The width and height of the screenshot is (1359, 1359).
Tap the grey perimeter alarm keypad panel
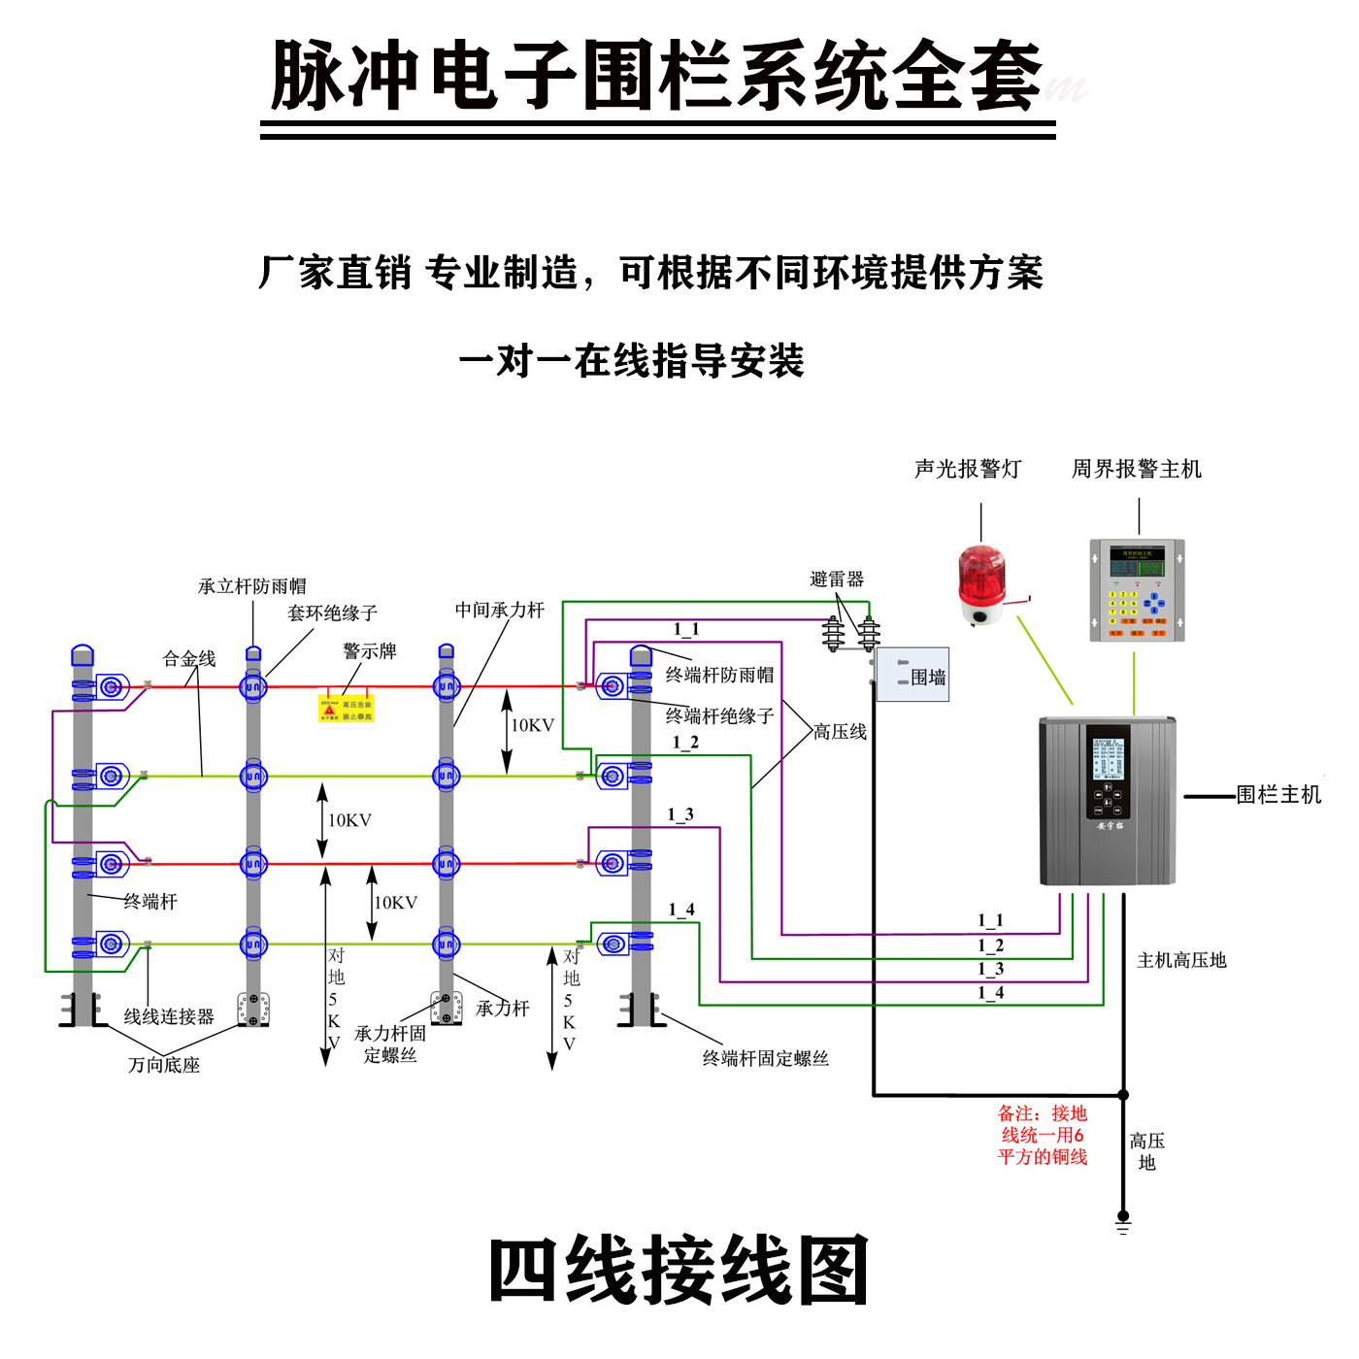click(x=1137, y=590)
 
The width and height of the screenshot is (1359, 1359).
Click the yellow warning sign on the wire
click(x=347, y=709)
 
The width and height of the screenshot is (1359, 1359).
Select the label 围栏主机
click(x=1278, y=795)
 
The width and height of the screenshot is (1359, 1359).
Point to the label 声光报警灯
click(x=968, y=470)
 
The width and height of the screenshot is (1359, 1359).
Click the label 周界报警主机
click(x=1136, y=470)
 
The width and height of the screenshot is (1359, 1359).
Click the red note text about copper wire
click(x=1043, y=1135)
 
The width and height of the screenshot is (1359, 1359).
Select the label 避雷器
click(x=837, y=580)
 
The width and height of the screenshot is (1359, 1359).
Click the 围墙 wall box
click(x=912, y=676)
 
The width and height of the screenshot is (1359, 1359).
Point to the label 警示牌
click(x=370, y=651)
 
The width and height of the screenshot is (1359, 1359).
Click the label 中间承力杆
click(x=500, y=610)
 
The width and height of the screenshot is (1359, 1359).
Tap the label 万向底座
click(x=164, y=1065)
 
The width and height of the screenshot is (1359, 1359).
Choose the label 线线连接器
click(x=169, y=1016)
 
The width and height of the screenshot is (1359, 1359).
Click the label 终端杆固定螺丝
click(x=766, y=1058)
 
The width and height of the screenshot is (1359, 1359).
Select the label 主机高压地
click(x=1181, y=960)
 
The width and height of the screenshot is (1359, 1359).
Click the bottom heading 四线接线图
click(x=679, y=1272)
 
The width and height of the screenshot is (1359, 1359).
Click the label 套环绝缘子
click(x=332, y=613)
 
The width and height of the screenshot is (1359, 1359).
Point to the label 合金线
click(x=189, y=659)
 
